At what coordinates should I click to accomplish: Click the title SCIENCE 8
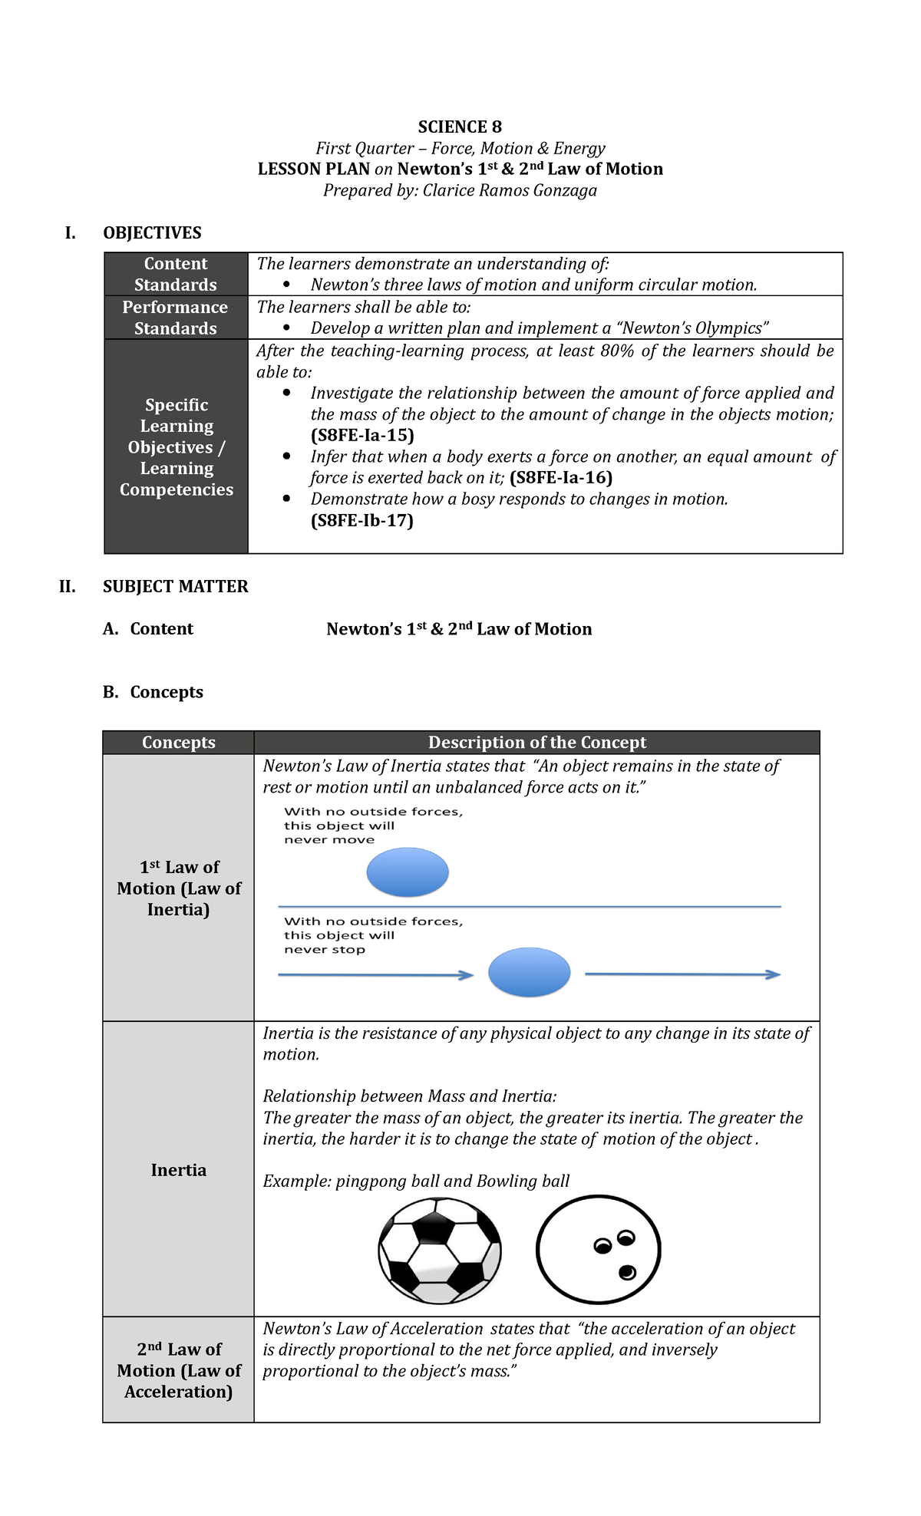[x=460, y=127]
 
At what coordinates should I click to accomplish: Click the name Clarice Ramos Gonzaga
[x=510, y=191]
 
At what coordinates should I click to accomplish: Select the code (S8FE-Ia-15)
[x=362, y=436]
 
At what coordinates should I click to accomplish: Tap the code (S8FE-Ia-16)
[x=561, y=478]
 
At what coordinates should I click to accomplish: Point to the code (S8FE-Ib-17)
[x=362, y=521]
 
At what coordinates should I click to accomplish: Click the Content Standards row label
[x=176, y=274]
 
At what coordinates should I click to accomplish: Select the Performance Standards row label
[x=176, y=318]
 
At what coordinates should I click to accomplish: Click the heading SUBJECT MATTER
[x=176, y=587]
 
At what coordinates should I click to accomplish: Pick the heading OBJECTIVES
[x=152, y=233]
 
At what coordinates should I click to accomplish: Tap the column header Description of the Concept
[x=536, y=743]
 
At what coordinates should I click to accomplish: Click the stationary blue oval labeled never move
[x=408, y=872]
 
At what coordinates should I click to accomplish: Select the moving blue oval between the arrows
[x=530, y=972]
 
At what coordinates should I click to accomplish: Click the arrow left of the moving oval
[x=375, y=975]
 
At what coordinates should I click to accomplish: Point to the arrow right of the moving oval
[x=682, y=974]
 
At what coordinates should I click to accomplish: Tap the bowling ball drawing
[x=598, y=1249]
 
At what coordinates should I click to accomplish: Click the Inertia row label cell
[x=179, y=1170]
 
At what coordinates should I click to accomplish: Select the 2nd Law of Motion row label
[x=179, y=1370]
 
